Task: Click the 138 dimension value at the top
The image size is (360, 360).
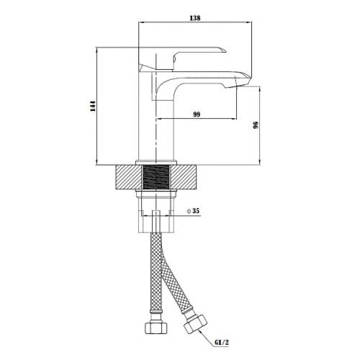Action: pos(195,18)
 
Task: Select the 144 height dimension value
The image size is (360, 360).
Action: pos(93,106)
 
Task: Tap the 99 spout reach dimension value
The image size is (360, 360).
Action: pos(197,114)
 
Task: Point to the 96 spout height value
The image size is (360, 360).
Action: pos(256,125)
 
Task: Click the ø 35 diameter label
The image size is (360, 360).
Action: pos(193,211)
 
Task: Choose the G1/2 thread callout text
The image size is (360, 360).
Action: pos(221,343)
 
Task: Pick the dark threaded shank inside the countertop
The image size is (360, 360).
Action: pos(156,177)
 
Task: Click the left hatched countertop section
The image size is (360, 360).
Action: pos(129,177)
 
